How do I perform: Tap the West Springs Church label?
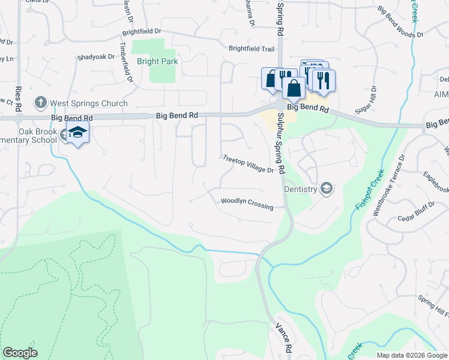pos(89,103)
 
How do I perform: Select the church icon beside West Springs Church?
pos(41,103)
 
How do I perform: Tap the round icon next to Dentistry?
pos(326,189)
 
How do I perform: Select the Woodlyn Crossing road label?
pos(247,203)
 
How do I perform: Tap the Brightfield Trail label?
pos(251,49)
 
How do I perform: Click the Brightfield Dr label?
pos(142,31)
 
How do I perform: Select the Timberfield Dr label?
pos(126,62)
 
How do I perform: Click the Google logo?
pos(20,353)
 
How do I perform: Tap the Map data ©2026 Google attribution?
pos(411,355)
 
